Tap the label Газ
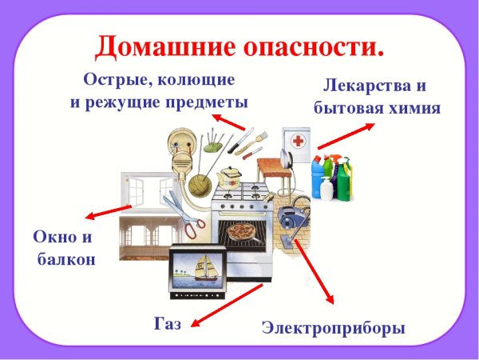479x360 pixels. coord(168,323)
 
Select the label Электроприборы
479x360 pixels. coord(334,328)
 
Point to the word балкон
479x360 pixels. coord(66,259)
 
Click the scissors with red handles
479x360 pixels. coord(185,216)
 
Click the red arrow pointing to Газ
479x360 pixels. coord(228,304)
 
